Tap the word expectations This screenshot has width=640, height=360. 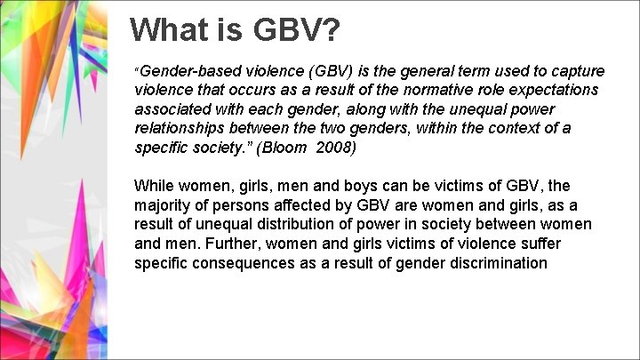pyautogui.click(x=542, y=90)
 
